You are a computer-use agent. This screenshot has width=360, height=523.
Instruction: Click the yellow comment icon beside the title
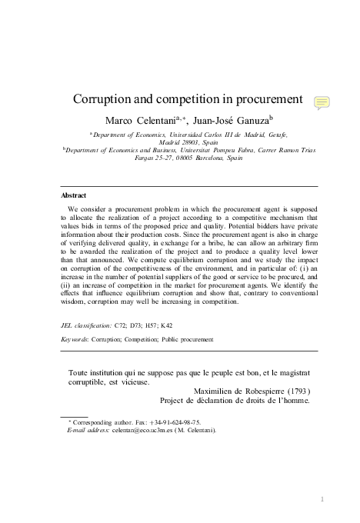323,103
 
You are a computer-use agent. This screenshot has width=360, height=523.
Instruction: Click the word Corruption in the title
102,102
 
